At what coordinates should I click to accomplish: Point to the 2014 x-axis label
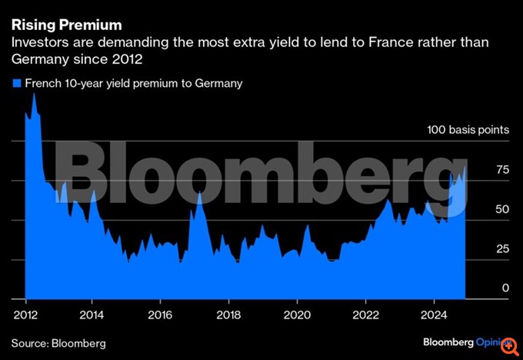(92, 314)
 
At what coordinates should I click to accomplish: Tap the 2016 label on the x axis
(159, 314)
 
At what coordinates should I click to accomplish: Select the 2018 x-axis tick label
(228, 314)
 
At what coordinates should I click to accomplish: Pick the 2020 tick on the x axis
(297, 314)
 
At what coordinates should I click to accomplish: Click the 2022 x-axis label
(365, 314)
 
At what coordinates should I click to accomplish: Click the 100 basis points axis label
(468, 130)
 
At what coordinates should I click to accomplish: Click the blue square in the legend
(16, 83)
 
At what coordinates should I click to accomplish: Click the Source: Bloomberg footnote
(58, 343)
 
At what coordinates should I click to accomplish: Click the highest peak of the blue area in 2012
(34, 93)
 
